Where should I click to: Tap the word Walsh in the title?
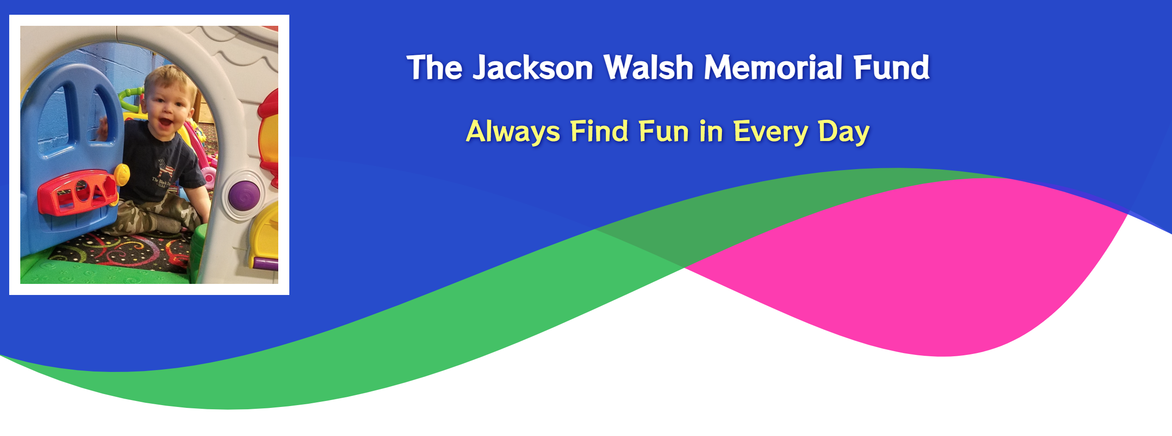tap(649, 68)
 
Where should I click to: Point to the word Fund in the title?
tap(891, 68)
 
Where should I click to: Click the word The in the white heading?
tap(434, 68)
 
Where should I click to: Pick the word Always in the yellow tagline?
tap(513, 132)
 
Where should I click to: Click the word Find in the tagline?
tap(599, 131)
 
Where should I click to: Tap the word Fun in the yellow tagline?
tap(664, 131)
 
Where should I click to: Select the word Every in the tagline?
tap(771, 132)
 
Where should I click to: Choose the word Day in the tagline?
tap(844, 132)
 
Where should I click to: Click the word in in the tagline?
tap(711, 131)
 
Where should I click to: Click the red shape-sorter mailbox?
tap(77, 193)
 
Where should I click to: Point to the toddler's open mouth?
tap(165, 123)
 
